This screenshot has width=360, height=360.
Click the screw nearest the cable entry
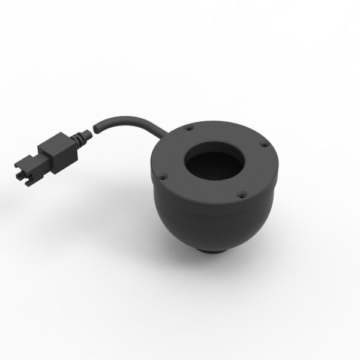pos(189,128)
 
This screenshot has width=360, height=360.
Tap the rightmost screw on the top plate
pos(262,143)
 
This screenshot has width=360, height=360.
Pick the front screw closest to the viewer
pos(239,193)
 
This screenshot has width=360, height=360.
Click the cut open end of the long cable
pos(96,127)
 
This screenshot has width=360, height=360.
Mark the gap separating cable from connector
pos(92,130)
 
